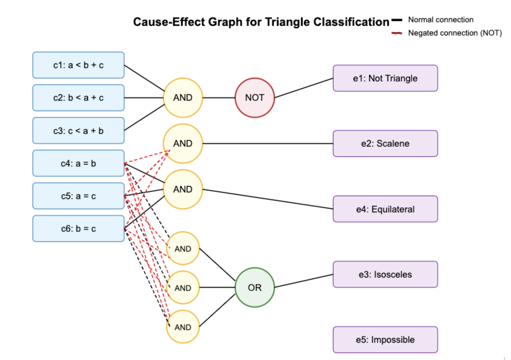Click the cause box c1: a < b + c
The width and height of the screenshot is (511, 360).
coord(78,65)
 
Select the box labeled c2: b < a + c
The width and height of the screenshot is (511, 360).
coord(78,98)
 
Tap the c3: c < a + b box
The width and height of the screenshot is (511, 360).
coord(78,131)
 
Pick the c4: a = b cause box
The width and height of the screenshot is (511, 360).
coord(78,163)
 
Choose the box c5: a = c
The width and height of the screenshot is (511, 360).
coord(78,196)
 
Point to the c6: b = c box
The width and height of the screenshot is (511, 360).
coord(78,229)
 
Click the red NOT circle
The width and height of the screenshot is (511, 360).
coord(255,98)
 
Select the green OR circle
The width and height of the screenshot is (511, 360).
coord(255,287)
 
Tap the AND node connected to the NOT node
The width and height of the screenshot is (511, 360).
coord(183,98)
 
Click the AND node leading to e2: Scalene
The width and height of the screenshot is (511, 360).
coord(183,144)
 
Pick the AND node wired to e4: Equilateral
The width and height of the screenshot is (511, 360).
coord(183,189)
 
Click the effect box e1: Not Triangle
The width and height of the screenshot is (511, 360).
coord(385,78)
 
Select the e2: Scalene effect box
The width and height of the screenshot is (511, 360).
coord(385,144)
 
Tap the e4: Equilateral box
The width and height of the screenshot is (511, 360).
coord(385,209)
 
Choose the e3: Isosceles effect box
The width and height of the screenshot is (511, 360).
coord(385,275)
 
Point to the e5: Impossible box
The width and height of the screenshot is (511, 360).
coord(385,340)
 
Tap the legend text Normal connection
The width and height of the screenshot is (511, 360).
coord(441,20)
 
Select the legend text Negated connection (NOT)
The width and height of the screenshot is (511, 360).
coord(455,33)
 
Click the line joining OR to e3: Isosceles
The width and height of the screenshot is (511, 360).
coord(304,281)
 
